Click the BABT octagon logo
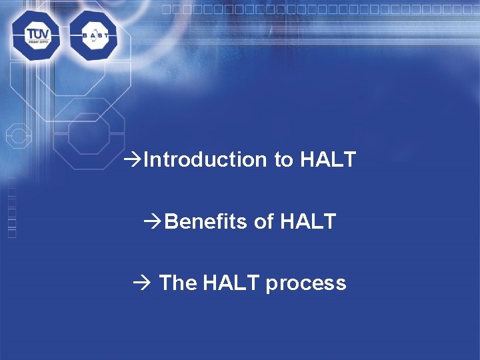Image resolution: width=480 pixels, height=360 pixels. [x=93, y=35]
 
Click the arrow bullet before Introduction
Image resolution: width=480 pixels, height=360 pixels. [x=132, y=160]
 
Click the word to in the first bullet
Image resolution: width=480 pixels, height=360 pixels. [x=283, y=160]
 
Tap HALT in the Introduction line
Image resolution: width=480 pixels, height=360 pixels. [x=328, y=160]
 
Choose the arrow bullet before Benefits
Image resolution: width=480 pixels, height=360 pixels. [x=153, y=221]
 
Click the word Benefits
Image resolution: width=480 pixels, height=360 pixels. [x=206, y=221]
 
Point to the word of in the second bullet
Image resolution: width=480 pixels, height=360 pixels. [x=263, y=221]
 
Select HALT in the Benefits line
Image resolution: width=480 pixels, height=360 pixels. [x=307, y=221]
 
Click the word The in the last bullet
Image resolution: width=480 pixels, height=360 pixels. [x=178, y=283]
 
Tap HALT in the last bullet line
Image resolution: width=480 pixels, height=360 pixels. [x=231, y=283]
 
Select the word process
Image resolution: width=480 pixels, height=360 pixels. [x=306, y=283]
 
